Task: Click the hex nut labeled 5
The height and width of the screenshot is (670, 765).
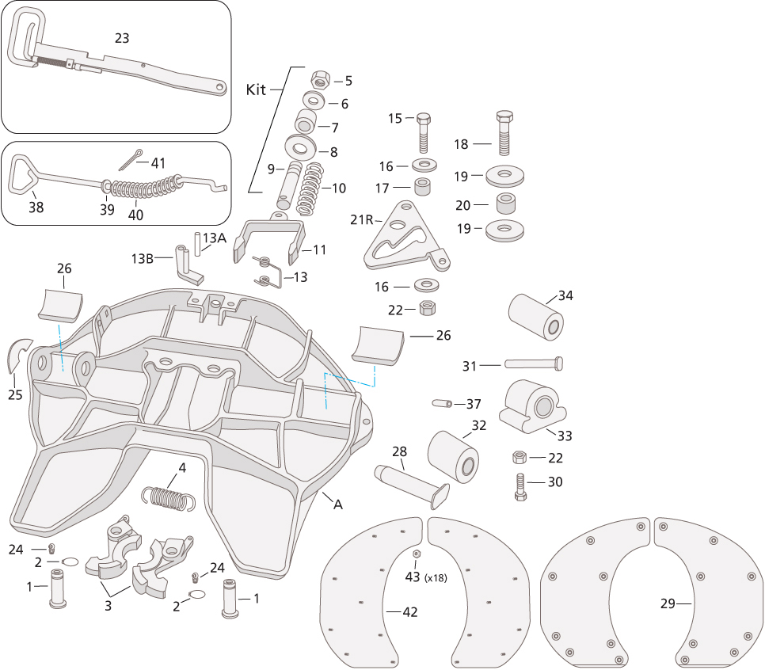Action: (x=320, y=79)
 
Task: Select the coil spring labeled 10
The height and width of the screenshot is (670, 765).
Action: (x=310, y=189)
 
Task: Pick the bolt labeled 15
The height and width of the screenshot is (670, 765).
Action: (x=423, y=133)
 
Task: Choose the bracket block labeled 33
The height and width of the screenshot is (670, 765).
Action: (x=532, y=406)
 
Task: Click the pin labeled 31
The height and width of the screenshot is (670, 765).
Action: (x=533, y=364)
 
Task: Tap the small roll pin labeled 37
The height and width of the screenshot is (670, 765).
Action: (x=441, y=403)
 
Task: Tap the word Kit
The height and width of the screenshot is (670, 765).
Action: (x=257, y=89)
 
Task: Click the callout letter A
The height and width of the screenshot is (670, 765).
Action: (x=339, y=504)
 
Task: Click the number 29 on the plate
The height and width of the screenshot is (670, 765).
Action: (x=668, y=603)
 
